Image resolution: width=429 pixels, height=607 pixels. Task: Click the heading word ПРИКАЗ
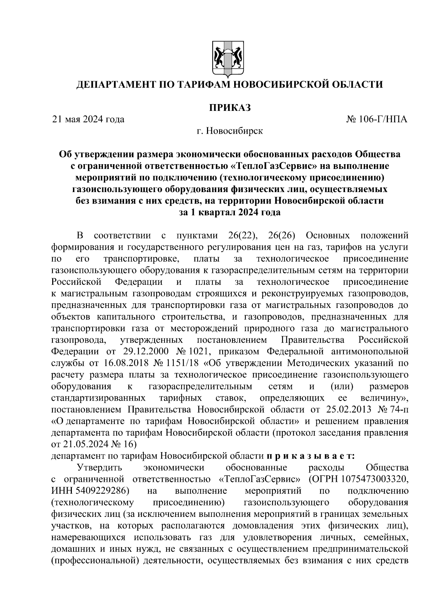tap(230, 107)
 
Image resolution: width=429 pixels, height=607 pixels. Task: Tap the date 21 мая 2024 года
tap(88, 119)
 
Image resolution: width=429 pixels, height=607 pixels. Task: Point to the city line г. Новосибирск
tap(230, 131)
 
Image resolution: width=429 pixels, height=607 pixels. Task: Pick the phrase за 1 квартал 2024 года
tap(230, 212)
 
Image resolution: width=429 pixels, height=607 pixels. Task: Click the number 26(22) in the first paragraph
tap(242, 235)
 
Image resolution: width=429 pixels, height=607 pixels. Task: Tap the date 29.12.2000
tap(136, 351)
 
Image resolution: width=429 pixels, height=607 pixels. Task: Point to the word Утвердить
tap(100, 468)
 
